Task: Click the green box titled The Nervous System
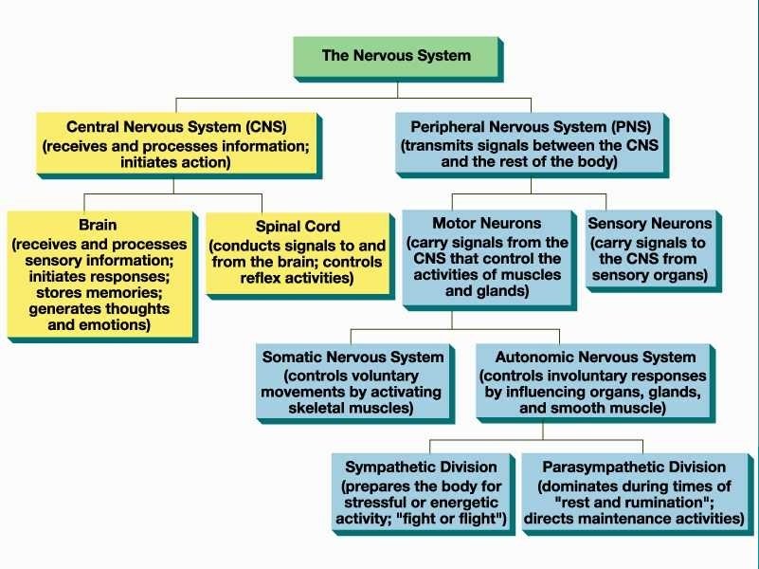point(395,56)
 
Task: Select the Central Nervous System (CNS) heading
point(176,126)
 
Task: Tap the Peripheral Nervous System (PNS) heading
point(530,126)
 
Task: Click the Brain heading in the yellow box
point(99,225)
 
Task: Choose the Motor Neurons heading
point(486,224)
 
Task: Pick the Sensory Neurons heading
point(649,224)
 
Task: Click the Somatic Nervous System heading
point(352,358)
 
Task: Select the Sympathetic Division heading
point(421,467)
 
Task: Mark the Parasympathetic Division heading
point(634,467)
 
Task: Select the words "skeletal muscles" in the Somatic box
point(351,409)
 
